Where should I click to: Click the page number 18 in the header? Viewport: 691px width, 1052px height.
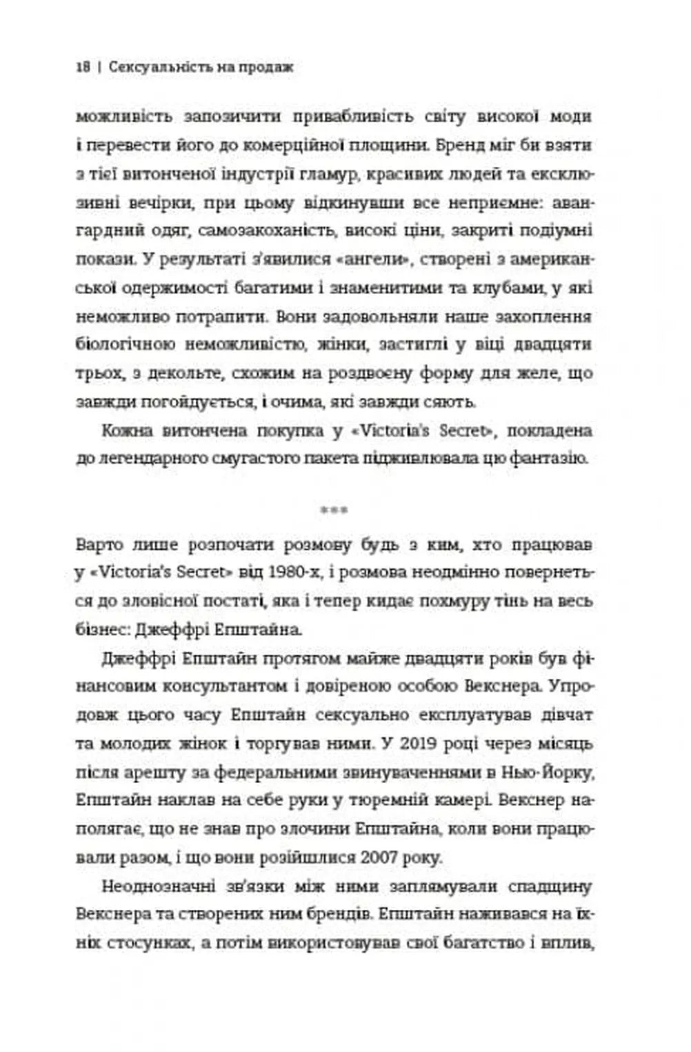(83, 68)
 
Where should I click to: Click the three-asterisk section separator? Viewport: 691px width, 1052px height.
(334, 511)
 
